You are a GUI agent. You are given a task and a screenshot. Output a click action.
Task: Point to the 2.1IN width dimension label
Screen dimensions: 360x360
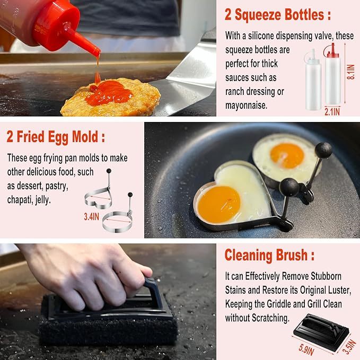pos(332,112)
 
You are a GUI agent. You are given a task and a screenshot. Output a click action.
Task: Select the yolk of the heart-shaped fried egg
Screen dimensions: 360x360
pos(218,204)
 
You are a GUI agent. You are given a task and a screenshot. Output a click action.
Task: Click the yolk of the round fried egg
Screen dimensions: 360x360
pos(287,155)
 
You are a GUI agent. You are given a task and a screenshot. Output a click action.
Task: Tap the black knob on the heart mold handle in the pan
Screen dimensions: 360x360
pos(289,186)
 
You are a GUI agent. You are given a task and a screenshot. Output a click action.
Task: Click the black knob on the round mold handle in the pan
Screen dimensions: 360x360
pos(323,150)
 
